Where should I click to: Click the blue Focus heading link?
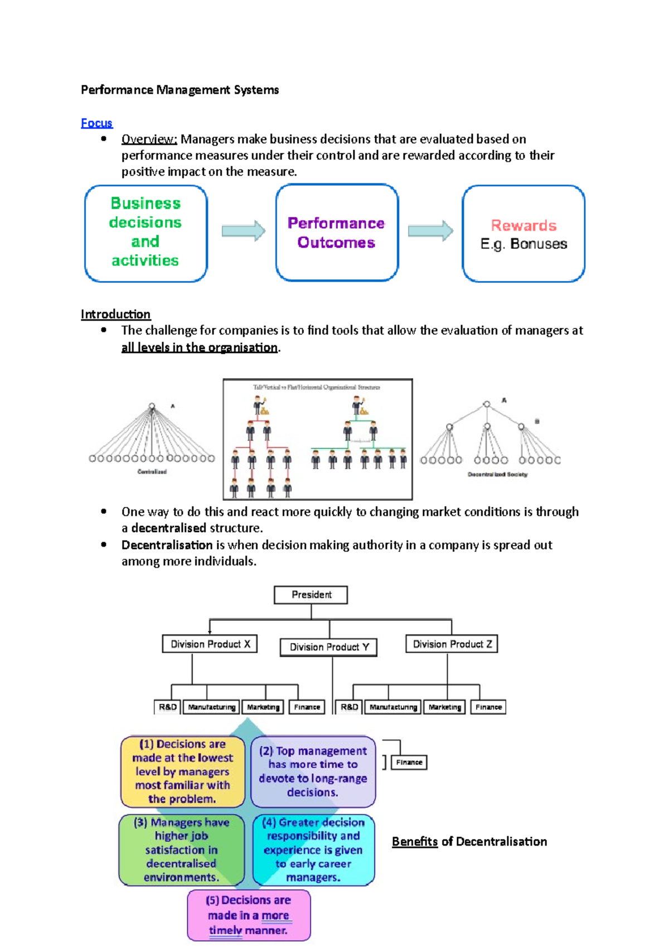coord(96,123)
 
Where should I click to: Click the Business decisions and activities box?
coord(146,233)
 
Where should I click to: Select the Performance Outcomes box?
coord(336,233)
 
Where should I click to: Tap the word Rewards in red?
coord(523,225)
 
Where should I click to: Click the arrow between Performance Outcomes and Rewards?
coord(430,231)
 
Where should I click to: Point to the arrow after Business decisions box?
coord(244,231)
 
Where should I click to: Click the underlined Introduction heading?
coord(115,314)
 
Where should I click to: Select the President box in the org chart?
coord(311,595)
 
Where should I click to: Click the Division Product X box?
coord(210,644)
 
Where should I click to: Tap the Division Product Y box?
coord(328,647)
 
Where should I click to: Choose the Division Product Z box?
coord(452,644)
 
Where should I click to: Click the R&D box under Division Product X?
coord(167,707)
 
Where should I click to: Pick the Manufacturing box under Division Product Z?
coord(393,707)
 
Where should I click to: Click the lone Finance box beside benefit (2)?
coord(409,762)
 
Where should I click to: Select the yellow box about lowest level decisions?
coord(182,771)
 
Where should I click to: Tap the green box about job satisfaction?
coord(181,849)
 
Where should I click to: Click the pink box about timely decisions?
coord(249,915)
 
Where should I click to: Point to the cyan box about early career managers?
coord(313,849)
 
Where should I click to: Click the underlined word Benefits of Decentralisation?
coord(414,842)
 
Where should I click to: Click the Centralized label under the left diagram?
coord(152,472)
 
